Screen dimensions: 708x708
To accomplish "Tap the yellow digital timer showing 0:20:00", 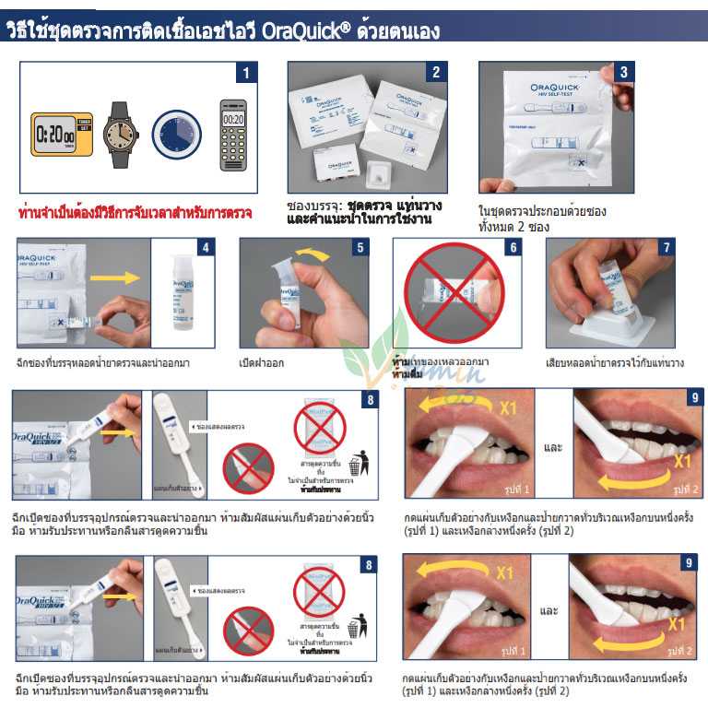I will point(62,134).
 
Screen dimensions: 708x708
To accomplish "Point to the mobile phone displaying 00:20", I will point(233,135).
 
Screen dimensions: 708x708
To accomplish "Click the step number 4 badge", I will point(206,248).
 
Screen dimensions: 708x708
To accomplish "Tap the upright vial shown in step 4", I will point(175,293).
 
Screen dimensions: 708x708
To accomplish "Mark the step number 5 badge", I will point(360,248).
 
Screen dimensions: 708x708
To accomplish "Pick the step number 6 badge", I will point(513,248).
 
